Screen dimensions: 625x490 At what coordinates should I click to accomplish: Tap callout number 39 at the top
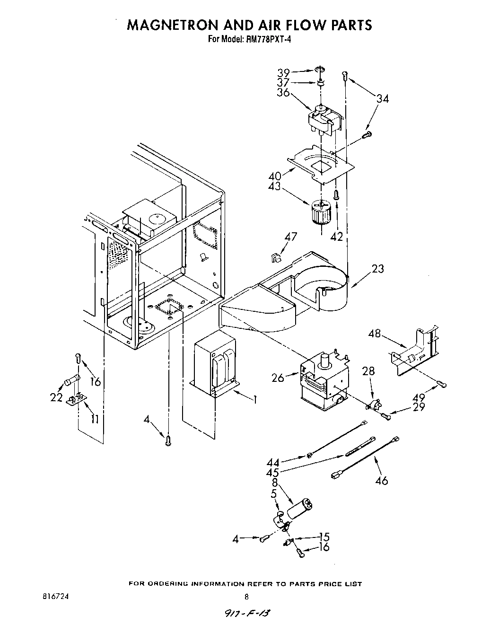tap(283, 73)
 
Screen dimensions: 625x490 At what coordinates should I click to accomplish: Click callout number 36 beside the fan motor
tap(283, 93)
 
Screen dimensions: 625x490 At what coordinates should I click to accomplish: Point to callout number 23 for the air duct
tap(378, 269)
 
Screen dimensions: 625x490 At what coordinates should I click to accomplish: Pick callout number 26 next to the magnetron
tap(278, 378)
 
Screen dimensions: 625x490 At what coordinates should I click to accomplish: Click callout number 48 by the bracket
tap(375, 334)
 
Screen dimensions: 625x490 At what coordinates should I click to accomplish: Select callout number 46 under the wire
tap(381, 480)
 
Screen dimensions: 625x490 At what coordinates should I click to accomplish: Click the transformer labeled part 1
tap(216, 362)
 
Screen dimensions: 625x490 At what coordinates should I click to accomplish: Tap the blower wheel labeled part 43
tap(321, 213)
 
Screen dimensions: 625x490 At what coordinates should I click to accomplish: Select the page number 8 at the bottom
tap(246, 597)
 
